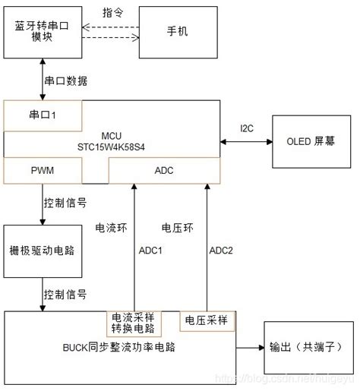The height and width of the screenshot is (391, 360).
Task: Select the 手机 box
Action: pyautogui.click(x=177, y=32)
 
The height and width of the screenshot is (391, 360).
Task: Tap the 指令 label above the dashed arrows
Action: pyautogui.click(x=114, y=12)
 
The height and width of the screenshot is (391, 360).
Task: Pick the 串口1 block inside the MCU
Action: pyautogui.click(x=43, y=114)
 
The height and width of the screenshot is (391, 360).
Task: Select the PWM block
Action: pyautogui.click(x=42, y=171)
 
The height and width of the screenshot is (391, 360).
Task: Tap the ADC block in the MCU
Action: pyautogui.click(x=164, y=171)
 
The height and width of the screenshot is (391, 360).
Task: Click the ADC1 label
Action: pyautogui.click(x=150, y=251)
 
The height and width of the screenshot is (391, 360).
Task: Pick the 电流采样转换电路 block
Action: pyautogui.click(x=133, y=323)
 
